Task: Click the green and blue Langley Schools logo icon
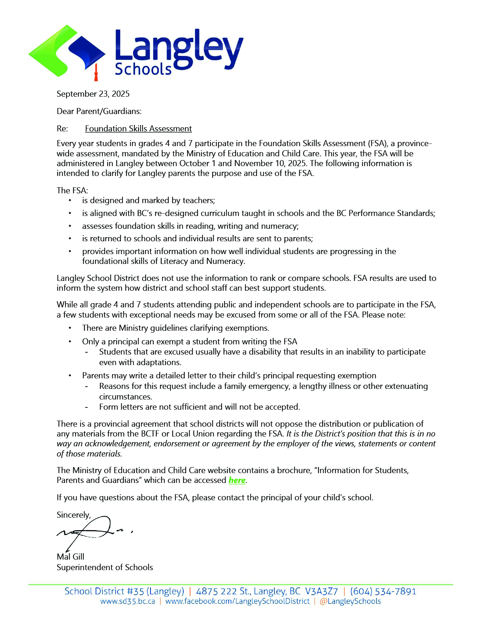[x=67, y=51]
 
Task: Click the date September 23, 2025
[x=93, y=94]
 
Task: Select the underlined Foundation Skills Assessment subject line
[x=138, y=129]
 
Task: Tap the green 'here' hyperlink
[x=237, y=480]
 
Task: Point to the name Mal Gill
[x=70, y=557]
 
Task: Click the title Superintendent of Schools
[x=105, y=567]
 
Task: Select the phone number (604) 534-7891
[x=383, y=591]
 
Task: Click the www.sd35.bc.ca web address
[x=128, y=601]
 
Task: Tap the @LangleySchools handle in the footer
[x=350, y=601]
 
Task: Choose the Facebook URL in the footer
[x=237, y=601]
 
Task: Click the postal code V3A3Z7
[x=321, y=591]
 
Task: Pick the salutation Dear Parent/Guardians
[x=99, y=111]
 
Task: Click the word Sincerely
[x=74, y=515]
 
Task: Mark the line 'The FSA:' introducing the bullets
[x=72, y=191]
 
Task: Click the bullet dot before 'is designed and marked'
[x=70, y=200]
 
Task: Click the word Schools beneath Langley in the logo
[x=143, y=69]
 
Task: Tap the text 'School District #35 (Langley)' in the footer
[x=124, y=591]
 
